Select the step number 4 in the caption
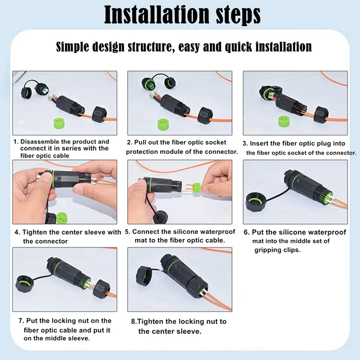coord(17,233)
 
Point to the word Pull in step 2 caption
coord(143,142)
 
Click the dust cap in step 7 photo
coord(26,285)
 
